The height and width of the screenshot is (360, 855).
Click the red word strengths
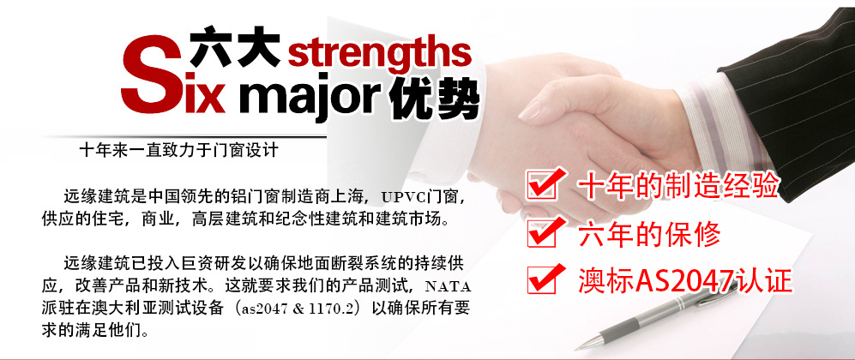tap(379, 51)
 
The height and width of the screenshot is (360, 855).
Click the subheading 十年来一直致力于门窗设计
tap(178, 150)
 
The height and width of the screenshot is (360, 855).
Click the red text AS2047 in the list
tap(683, 281)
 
